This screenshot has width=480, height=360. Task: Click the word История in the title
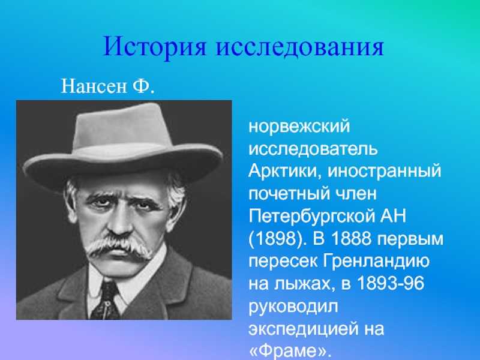pyautogui.click(x=155, y=47)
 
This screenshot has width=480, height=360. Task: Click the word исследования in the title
pyautogui.click(x=300, y=47)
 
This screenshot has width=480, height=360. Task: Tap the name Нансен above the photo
pyautogui.click(x=94, y=86)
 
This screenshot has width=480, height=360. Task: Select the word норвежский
pyautogui.click(x=299, y=126)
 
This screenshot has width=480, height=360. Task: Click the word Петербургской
pyautogui.click(x=310, y=216)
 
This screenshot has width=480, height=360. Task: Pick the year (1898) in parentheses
pyautogui.click(x=277, y=239)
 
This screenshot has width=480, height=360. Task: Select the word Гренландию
pyautogui.click(x=376, y=261)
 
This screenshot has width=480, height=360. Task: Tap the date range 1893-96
pyautogui.click(x=391, y=283)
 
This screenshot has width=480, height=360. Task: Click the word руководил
pyautogui.click(x=293, y=306)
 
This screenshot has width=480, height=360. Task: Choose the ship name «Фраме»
pyautogui.click(x=290, y=351)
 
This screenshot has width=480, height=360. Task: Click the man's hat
pyautogui.click(x=123, y=147)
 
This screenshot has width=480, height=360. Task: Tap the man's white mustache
pyautogui.click(x=119, y=245)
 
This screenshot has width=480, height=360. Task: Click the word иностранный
pyautogui.click(x=385, y=171)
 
